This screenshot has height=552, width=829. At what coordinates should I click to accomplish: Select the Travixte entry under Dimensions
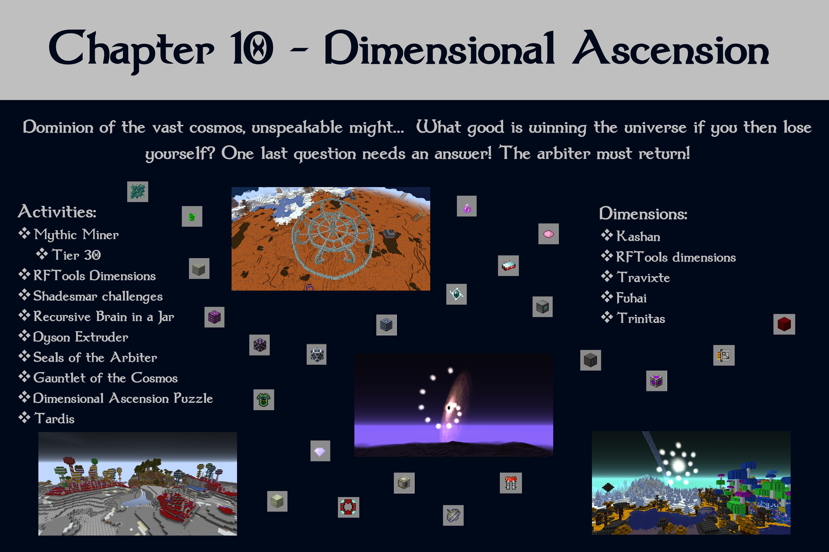643,277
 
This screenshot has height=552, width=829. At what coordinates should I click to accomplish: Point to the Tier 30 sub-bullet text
76,255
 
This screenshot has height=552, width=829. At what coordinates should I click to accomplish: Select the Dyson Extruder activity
80,337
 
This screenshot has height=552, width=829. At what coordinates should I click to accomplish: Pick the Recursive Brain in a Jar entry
104,317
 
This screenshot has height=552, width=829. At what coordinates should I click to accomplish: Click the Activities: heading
57,212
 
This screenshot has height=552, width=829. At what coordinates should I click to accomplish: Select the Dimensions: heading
643,214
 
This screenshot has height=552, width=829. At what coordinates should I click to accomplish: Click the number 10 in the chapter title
252,48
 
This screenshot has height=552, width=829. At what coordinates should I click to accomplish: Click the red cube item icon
784,324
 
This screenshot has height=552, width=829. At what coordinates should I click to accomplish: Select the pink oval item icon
548,234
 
